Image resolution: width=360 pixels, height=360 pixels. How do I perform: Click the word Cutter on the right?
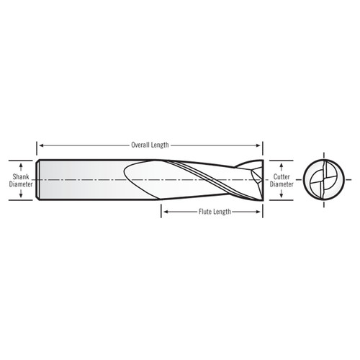[282, 175]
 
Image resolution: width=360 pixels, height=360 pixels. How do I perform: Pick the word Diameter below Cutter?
[282, 183]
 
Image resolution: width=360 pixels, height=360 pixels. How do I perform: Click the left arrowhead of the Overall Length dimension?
[40, 144]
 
